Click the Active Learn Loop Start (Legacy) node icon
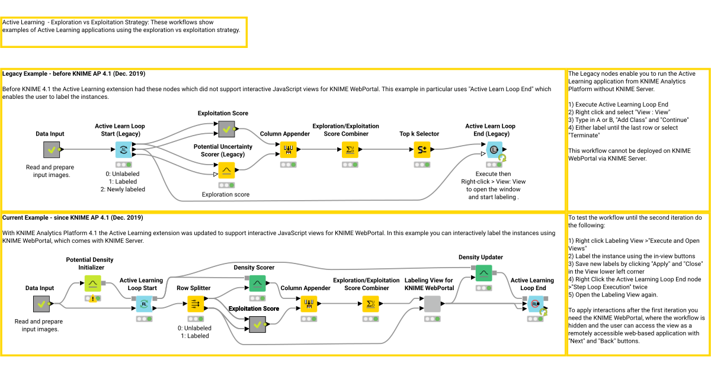coord(124,150)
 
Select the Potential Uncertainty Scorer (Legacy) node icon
coord(226,171)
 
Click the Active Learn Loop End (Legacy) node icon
coord(494,150)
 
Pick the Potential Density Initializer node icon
coord(92,284)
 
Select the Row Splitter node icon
coord(196,304)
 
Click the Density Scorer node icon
coord(257,284)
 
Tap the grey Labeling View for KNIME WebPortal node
coord(433,304)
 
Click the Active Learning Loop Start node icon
coord(143,304)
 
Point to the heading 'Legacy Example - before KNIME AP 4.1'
coord(74,74)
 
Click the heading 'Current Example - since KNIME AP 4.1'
coord(73,218)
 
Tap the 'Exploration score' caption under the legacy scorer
coord(226,194)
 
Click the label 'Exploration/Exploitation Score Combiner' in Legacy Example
coord(348,130)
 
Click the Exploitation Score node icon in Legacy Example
coord(226,128)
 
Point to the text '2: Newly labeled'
coord(123,189)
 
